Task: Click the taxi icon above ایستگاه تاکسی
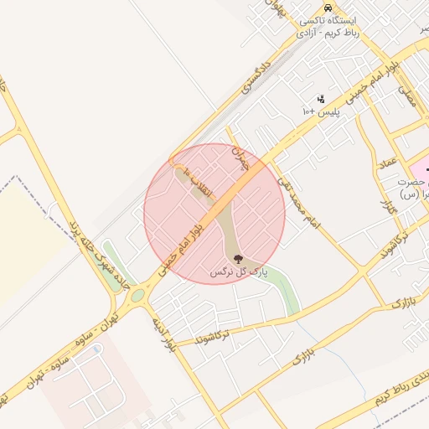(325, 7)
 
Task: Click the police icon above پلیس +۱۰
(320, 99)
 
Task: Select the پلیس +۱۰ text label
(318, 111)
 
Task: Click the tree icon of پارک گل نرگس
(237, 258)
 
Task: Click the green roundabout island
(137, 295)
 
